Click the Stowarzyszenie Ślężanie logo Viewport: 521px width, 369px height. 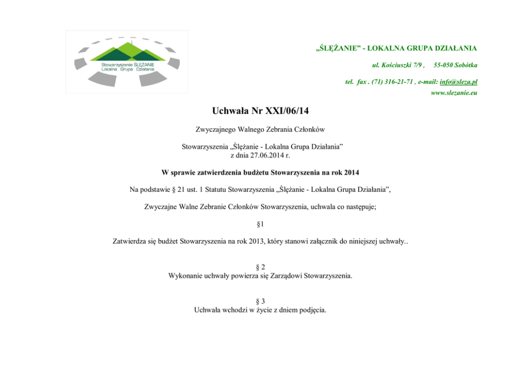(127, 61)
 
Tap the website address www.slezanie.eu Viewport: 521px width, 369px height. (454, 93)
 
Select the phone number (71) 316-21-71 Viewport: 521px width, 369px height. (393, 82)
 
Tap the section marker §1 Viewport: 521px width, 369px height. (260, 224)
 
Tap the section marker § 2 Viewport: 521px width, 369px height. (260, 267)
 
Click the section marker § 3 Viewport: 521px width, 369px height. (260, 301)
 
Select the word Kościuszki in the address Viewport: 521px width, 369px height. (396, 65)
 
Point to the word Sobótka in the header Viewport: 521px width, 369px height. (464, 65)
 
